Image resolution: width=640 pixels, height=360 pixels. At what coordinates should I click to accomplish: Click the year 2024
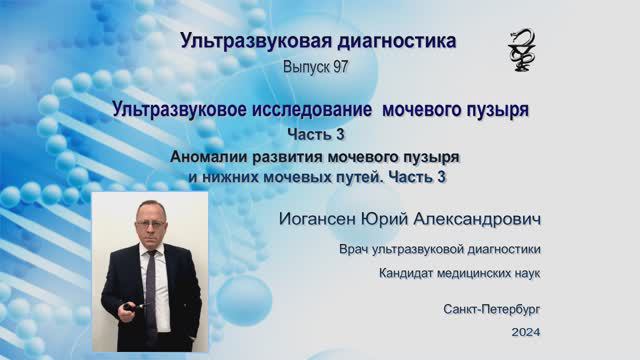coord(525,330)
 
